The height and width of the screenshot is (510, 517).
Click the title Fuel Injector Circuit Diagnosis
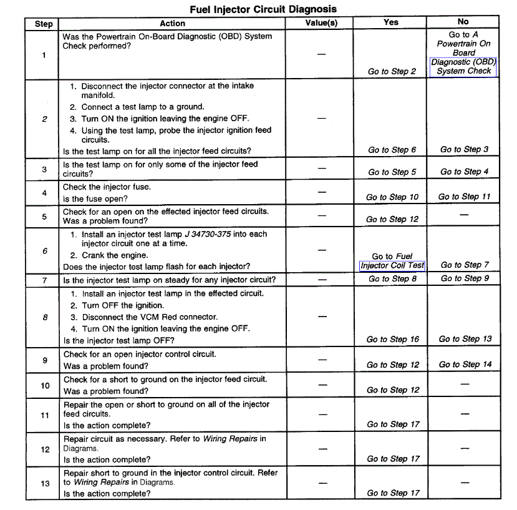[x=263, y=9]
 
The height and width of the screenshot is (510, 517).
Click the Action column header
[x=172, y=23]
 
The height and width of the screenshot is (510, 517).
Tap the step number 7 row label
[x=44, y=280]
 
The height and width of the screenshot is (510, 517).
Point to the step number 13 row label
[x=44, y=483]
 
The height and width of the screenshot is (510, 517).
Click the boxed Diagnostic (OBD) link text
[x=463, y=62]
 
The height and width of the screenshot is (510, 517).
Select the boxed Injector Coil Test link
[x=392, y=265]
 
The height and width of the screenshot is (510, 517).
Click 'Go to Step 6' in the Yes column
[x=392, y=150]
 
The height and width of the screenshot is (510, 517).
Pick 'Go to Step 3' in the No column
[x=464, y=149]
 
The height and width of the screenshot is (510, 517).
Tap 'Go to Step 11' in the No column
[x=464, y=197]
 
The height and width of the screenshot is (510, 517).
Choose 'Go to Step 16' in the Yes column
[x=392, y=340]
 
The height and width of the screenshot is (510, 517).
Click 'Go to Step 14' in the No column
[x=465, y=365]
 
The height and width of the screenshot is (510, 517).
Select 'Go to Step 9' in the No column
[x=464, y=278]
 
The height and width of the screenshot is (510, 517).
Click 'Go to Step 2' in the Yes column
[x=392, y=71]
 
